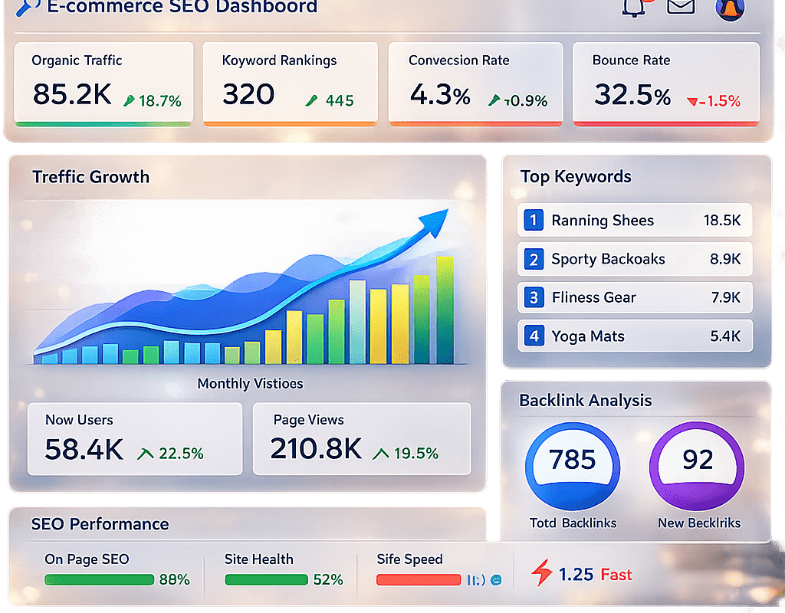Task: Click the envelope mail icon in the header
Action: point(681,6)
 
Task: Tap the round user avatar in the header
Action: point(730,7)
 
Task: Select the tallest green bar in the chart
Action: point(445,310)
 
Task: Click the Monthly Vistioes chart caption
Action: point(250,383)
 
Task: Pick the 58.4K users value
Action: point(84,450)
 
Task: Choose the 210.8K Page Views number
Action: point(315,450)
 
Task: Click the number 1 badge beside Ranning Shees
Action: point(534,221)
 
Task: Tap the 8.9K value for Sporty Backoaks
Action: point(725,259)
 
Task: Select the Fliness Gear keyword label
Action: point(593,297)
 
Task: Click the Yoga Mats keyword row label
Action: point(587,336)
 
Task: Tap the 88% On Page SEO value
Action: point(174,580)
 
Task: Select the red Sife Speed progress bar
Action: point(417,580)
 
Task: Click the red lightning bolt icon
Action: point(542,573)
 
